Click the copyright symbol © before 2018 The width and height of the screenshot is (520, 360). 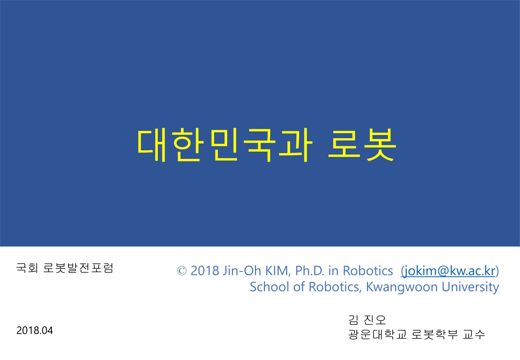pos(182,271)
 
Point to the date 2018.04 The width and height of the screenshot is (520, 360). pos(35,330)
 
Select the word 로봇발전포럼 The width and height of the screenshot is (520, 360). pos(78,269)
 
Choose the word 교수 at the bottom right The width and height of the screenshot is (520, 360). pos(475,335)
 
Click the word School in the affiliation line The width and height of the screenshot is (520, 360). pos(264,287)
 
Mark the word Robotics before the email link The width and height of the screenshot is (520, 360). pos(368,270)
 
